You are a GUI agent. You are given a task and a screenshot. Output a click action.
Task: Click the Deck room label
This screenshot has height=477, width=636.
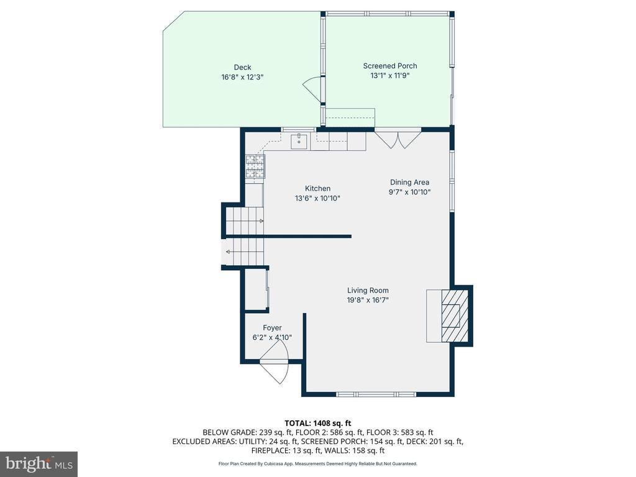pyautogui.click(x=242, y=67)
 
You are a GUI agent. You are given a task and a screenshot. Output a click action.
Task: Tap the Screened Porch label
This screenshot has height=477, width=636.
pyautogui.click(x=390, y=66)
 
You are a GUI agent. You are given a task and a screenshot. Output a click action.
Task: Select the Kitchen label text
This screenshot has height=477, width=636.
pyautogui.click(x=317, y=188)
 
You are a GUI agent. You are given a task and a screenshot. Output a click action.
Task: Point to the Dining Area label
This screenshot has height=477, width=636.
pyautogui.click(x=409, y=183)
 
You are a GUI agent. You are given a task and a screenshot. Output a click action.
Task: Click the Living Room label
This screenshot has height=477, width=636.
pyautogui.click(x=368, y=291)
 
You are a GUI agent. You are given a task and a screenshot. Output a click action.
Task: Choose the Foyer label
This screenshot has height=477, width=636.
pyautogui.click(x=272, y=328)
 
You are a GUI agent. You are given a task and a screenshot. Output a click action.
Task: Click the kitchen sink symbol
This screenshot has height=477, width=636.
pyautogui.click(x=299, y=141)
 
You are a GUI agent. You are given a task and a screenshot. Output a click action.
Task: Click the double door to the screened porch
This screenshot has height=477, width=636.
pyautogui.click(x=398, y=139)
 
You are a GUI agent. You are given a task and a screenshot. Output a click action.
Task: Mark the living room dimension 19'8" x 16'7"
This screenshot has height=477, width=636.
pyautogui.click(x=368, y=300)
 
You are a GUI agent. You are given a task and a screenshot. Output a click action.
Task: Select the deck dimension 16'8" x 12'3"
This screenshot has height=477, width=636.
pyautogui.click(x=242, y=77)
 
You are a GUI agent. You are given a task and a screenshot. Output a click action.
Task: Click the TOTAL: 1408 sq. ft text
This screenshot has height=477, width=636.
pyautogui.click(x=317, y=424)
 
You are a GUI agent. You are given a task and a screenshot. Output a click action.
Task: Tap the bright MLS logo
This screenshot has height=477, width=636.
pyautogui.click(x=39, y=464)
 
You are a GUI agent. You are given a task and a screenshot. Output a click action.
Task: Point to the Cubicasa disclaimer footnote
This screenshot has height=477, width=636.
pyautogui.click(x=317, y=463)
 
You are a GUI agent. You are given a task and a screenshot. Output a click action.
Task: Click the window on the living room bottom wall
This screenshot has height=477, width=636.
pyautogui.click(x=376, y=394)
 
